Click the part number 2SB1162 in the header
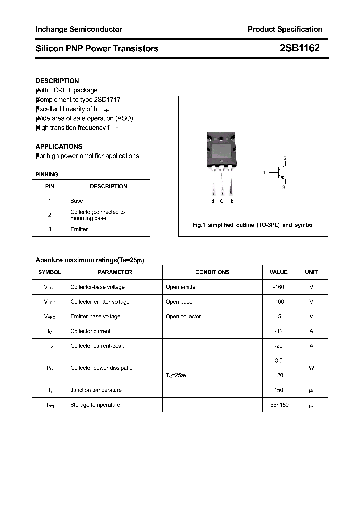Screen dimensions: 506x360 pyautogui.click(x=300, y=48)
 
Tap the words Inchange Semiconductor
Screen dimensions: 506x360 pyautogui.click(x=79, y=29)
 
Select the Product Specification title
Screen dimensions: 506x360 pyautogui.click(x=285, y=29)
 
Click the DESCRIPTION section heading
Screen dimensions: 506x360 pyautogui.click(x=57, y=81)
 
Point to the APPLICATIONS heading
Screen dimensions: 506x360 pyautogui.click(x=59, y=146)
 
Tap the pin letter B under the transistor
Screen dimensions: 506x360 pyautogui.click(x=213, y=201)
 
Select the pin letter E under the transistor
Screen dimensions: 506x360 pyautogui.click(x=232, y=201)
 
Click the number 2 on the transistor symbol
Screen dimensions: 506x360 pyautogui.click(x=285, y=158)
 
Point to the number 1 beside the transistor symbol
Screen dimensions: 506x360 pyautogui.click(x=264, y=172)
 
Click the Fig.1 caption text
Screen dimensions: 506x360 pyautogui.click(x=253, y=225)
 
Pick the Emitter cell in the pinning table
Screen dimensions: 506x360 pyautogui.click(x=79, y=229)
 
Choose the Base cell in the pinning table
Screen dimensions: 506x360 pyautogui.click(x=77, y=201)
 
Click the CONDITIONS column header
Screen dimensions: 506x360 pyautogui.click(x=212, y=272)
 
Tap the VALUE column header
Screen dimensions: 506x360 pyautogui.click(x=278, y=272)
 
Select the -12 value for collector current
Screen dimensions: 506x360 pyautogui.click(x=278, y=331)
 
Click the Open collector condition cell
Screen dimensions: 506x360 pyautogui.click(x=183, y=316)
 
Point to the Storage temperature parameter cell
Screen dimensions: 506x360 pyautogui.click(x=95, y=405)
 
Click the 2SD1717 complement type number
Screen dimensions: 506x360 pyautogui.click(x=107, y=100)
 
